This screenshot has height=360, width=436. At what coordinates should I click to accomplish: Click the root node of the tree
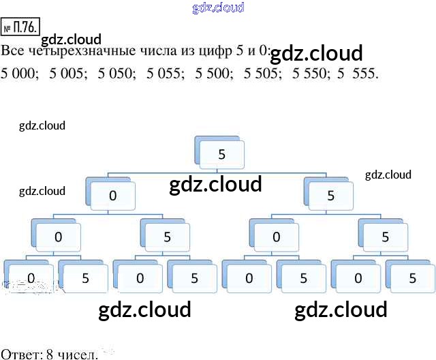tap(221, 155)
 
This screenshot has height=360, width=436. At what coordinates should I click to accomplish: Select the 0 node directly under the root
tap(113, 196)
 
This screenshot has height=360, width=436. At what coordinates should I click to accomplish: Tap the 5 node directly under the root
tap(330, 196)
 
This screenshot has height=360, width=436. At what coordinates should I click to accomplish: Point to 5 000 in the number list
tap(20, 73)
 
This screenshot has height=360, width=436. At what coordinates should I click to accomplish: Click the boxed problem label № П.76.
tap(22, 29)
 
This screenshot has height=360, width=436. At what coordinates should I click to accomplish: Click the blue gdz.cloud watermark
tap(218, 7)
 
